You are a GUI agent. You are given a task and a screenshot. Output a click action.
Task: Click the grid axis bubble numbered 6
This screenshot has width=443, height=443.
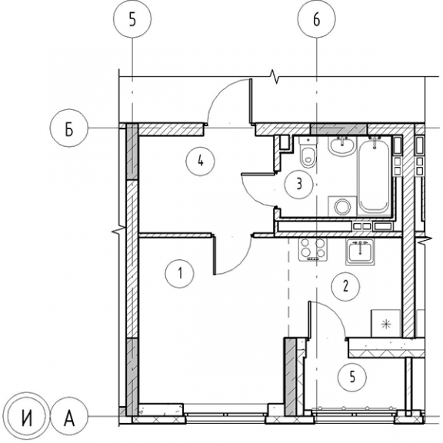pos(316,19)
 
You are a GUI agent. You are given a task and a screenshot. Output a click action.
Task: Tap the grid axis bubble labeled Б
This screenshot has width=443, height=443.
pos(69,128)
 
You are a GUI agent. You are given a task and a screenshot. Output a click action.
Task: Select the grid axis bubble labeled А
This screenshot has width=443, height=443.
pos(69,416)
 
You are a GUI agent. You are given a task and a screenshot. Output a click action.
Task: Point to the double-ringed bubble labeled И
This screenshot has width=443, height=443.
pos(27,416)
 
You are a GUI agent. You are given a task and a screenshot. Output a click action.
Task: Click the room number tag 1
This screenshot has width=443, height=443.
pos(180,274)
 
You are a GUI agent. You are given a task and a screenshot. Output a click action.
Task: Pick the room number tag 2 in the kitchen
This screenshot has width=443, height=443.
pos(345,286)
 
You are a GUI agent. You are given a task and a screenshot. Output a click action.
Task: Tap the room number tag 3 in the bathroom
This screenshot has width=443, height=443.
pos(299,185)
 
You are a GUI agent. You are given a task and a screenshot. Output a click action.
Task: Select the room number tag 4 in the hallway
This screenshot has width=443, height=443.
pos(200,161)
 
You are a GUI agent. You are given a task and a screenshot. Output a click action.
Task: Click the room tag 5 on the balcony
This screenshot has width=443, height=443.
pos(352,377)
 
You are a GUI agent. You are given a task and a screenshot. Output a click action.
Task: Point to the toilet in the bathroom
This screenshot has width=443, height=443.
pos(308,152)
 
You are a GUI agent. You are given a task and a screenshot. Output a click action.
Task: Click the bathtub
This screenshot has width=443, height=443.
pos(374,175)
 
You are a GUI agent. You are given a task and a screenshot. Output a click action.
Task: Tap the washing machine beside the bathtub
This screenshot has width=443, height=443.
pos(342,207)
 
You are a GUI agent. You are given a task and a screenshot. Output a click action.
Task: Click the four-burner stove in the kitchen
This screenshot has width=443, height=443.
pos(313,249)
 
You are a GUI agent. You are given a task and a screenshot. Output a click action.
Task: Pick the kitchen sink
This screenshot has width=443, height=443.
pos(360,251)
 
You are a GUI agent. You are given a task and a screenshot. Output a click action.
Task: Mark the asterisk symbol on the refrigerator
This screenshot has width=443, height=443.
pos(385,324)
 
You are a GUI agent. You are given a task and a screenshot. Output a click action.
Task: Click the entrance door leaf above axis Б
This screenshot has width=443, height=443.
pos(251,102)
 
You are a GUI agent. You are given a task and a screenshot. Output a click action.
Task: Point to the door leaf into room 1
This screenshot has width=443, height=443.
pos(215,255)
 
